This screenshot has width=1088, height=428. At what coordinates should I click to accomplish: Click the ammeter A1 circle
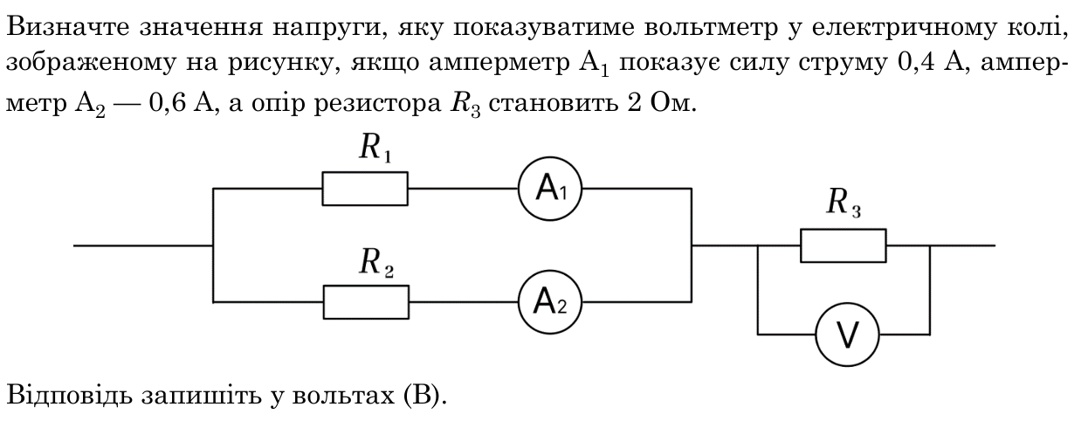[550, 158]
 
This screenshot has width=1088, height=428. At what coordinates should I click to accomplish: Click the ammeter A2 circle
[550, 271]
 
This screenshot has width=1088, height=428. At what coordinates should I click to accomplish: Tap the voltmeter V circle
[848, 304]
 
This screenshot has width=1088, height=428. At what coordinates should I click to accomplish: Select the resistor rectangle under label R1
[365, 172]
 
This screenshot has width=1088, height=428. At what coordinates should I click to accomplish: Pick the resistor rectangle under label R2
[366, 286]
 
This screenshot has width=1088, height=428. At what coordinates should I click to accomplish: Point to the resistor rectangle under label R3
[844, 230]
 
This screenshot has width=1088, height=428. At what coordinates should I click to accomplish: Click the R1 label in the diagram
[375, 148]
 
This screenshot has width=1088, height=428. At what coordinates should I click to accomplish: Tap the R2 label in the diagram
[376, 263]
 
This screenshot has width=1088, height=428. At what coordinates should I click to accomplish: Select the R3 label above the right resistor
[844, 203]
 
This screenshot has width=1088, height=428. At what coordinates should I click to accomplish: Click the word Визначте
[68, 27]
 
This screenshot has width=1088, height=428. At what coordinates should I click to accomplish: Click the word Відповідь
[69, 394]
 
